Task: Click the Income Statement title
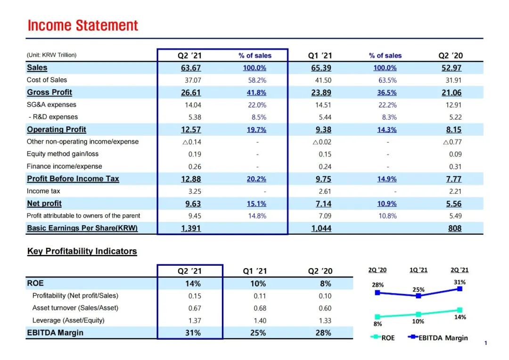(82, 25)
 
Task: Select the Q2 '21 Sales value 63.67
(190, 68)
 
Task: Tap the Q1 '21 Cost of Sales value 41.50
(321, 80)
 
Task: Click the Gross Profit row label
(49, 92)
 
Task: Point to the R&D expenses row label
(54, 117)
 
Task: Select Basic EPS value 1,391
(190, 229)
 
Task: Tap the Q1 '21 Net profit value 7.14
(321, 204)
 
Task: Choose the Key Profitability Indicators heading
(82, 251)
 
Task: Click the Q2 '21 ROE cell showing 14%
(190, 284)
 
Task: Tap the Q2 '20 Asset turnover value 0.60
(325, 308)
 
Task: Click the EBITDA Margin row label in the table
(55, 333)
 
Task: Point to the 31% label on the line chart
(460, 282)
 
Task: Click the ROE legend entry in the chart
(382, 337)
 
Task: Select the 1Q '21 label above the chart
(418, 270)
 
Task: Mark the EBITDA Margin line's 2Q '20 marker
(377, 293)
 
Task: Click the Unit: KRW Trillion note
(52, 55)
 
